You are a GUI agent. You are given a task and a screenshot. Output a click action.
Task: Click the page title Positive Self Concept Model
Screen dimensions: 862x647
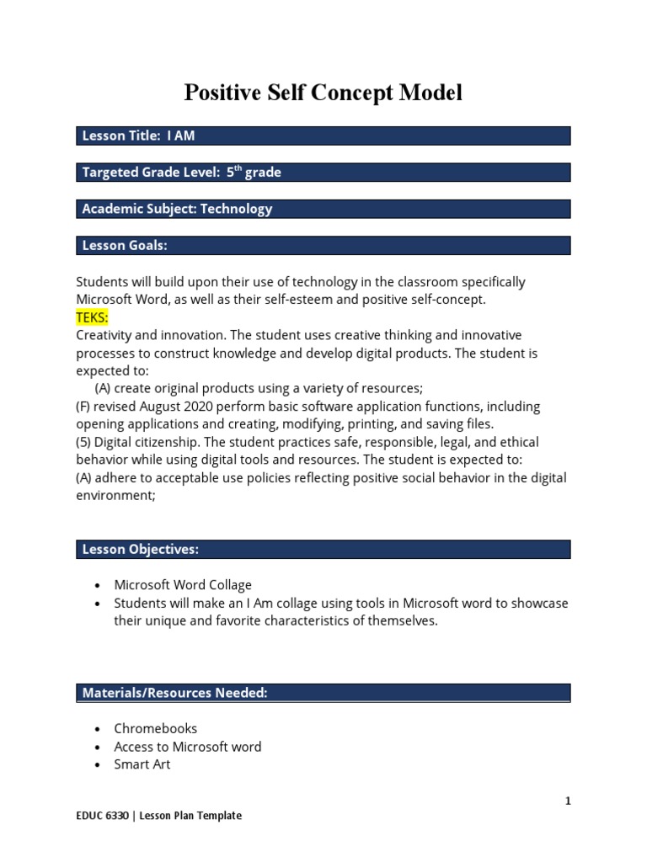pos(323,93)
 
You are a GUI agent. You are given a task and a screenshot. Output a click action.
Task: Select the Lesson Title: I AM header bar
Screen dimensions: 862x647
pos(323,136)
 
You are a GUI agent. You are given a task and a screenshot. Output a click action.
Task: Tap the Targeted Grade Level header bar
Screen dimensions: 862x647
pos(323,173)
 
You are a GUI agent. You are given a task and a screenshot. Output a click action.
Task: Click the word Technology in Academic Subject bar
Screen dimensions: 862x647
pos(236,209)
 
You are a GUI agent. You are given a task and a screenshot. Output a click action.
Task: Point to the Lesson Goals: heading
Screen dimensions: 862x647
pos(125,246)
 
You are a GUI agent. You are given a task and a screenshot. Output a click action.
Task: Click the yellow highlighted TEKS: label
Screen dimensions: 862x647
pos(93,317)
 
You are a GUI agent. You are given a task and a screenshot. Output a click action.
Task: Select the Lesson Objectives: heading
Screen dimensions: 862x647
pos(140,550)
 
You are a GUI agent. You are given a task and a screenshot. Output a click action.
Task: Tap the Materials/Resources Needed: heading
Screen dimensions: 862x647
pos(174,693)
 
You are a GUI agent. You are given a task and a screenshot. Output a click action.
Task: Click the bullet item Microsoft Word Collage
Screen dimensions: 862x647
pos(183,585)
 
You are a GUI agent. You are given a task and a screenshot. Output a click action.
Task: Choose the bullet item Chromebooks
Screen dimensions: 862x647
pos(156,729)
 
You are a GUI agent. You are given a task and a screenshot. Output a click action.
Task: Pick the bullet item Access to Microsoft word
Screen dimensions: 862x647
pos(188,747)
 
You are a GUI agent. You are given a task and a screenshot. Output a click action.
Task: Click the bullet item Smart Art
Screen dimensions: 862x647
pos(142,764)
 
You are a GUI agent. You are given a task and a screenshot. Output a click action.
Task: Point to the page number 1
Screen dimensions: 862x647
pos(568,801)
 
